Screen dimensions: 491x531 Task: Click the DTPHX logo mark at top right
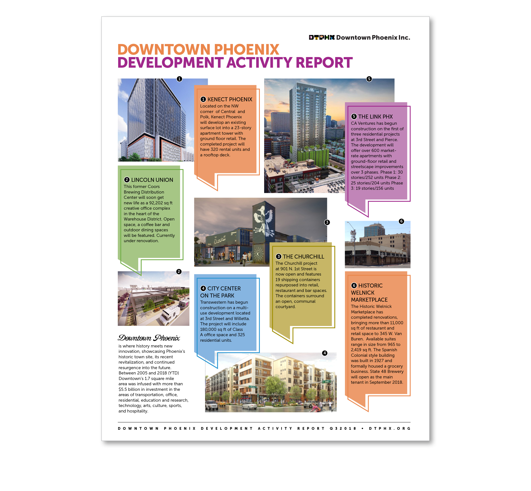pyautogui.click(x=321, y=37)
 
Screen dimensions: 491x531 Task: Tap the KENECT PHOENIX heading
pyautogui.click(x=230, y=99)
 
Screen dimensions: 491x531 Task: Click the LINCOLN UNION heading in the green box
pyautogui.click(x=152, y=180)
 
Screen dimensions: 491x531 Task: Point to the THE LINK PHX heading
pyautogui.click(x=375, y=117)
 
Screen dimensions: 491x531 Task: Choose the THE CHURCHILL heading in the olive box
pyautogui.click(x=303, y=257)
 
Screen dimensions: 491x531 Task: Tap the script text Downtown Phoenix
pyautogui.click(x=149, y=338)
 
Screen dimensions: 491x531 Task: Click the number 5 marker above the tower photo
pyautogui.click(x=369, y=79)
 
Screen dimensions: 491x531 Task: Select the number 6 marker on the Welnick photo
pyautogui.click(x=401, y=221)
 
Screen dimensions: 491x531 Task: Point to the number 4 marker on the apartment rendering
pyautogui.click(x=325, y=353)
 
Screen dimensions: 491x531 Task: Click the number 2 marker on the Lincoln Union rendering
pyautogui.click(x=179, y=272)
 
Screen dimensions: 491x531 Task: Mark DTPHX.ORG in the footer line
pyautogui.click(x=389, y=429)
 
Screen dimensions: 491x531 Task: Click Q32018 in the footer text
pyautogui.click(x=343, y=429)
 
